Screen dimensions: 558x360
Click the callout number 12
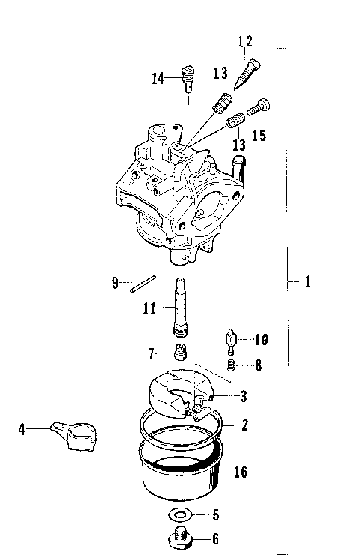coord(246,43)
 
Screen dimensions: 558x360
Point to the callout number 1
coord(307,283)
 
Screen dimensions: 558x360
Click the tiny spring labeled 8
coord(232,366)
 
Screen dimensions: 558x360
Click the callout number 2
coord(244,425)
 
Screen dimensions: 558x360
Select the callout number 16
coord(240,472)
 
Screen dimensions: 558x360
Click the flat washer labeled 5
coord(179,515)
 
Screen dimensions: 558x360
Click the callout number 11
coord(149,308)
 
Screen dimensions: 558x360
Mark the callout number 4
coord(22,429)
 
